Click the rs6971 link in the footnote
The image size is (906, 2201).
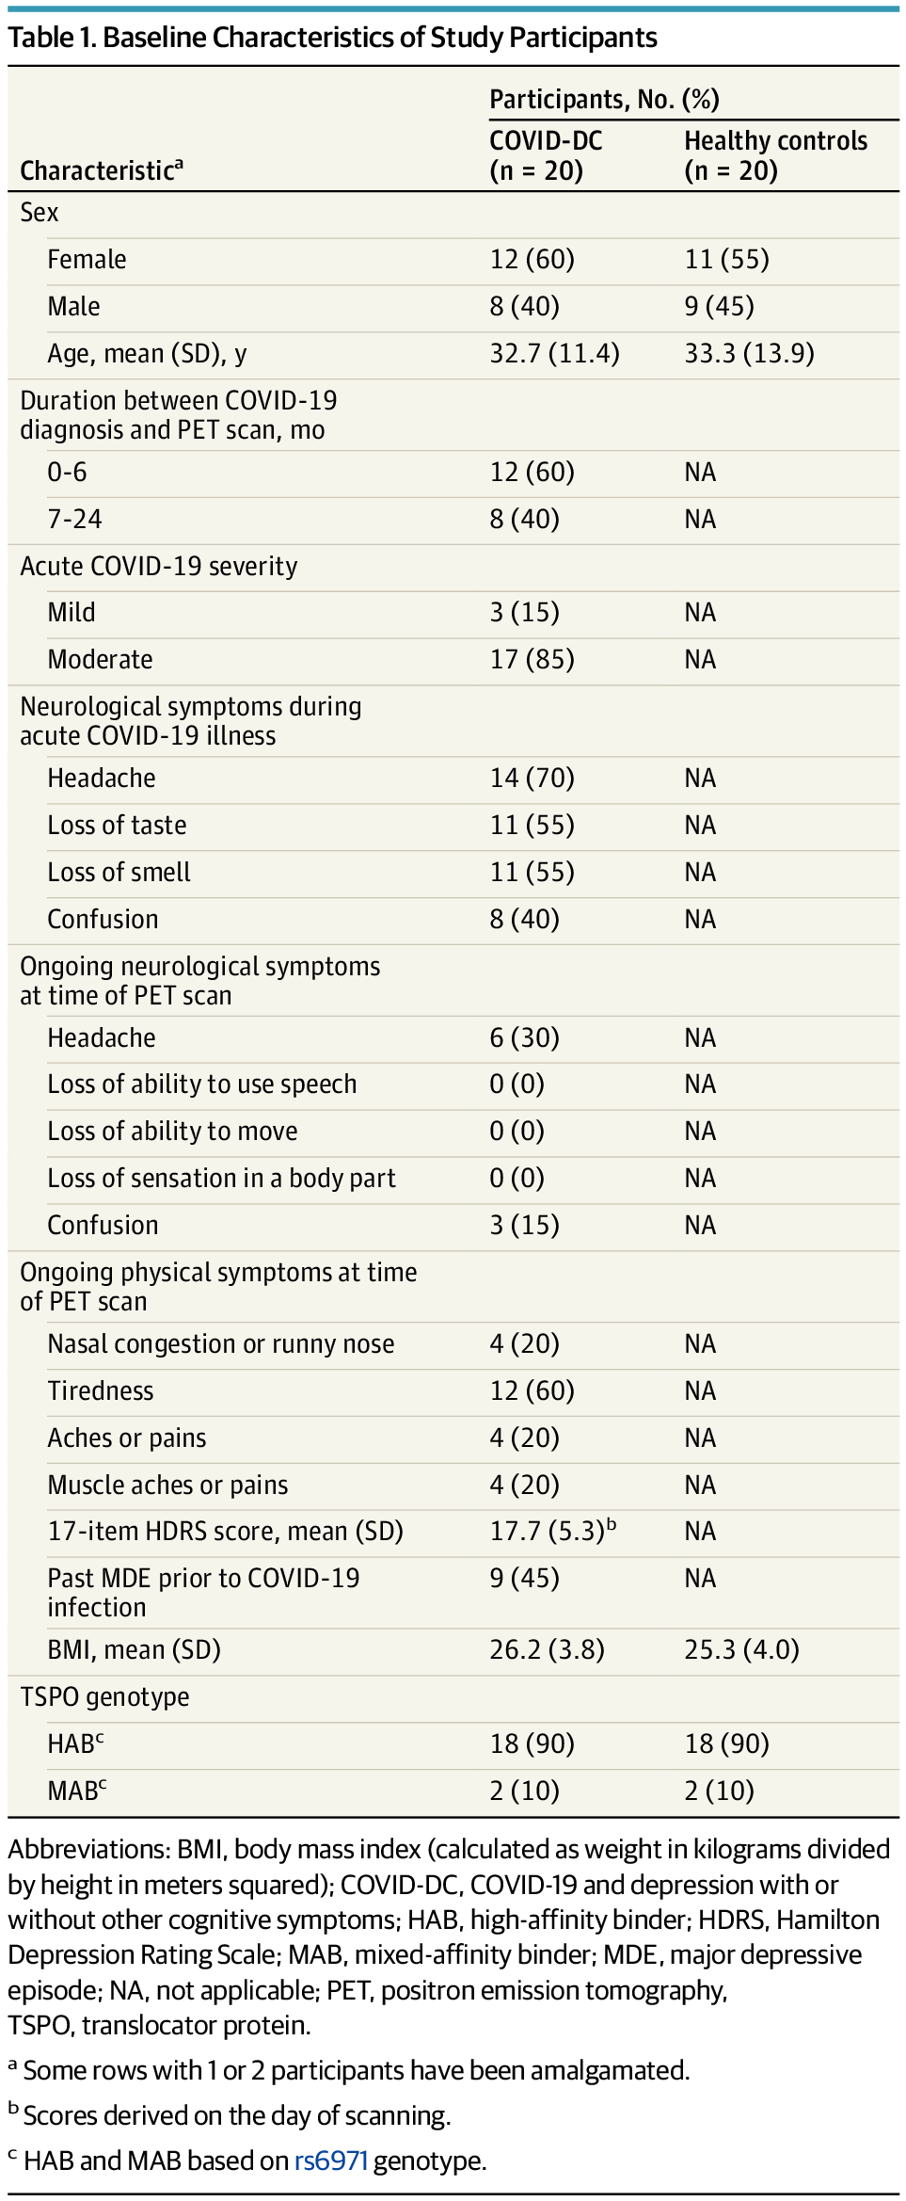coord(330,2160)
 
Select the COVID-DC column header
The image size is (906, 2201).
coord(546,155)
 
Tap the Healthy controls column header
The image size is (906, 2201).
coord(775,155)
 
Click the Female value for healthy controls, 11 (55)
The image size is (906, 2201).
coord(726,259)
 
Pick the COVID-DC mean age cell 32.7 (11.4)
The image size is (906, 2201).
coord(554,353)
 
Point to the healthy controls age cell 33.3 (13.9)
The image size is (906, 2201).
coord(749,353)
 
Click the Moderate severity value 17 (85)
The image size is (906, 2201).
coord(532,659)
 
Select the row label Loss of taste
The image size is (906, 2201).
coord(117,825)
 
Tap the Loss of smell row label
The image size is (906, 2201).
coord(119,872)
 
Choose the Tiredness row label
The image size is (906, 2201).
coord(100,1390)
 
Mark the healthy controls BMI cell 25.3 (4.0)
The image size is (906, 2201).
coord(741,1649)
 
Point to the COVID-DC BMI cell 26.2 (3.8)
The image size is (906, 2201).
coord(547,1649)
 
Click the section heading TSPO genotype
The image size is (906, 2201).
coord(104,1696)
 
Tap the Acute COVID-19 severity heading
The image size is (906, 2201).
coord(158,566)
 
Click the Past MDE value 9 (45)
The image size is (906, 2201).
coord(524,1578)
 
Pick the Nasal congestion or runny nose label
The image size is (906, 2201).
coord(220,1343)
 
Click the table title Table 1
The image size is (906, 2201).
coord(332,38)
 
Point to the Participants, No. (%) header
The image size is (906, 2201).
coord(604,100)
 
